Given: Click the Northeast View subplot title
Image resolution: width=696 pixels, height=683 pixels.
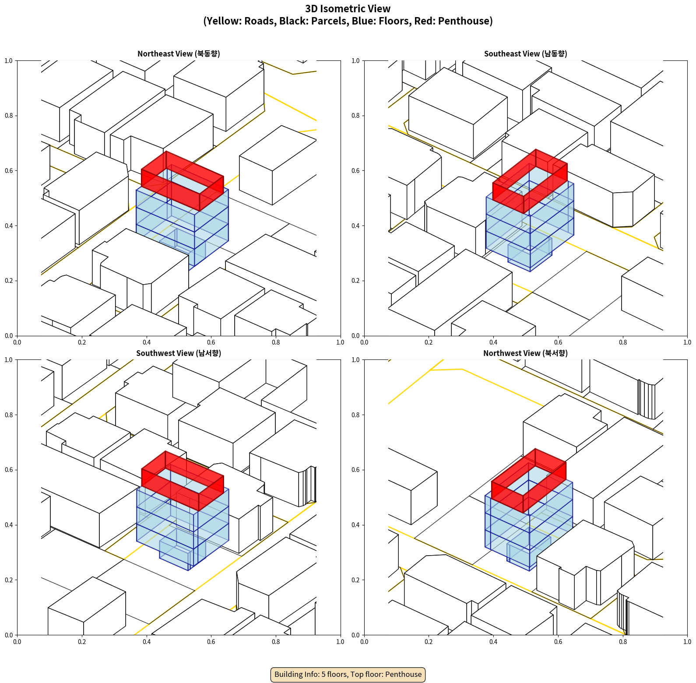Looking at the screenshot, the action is pyautogui.click(x=179, y=53).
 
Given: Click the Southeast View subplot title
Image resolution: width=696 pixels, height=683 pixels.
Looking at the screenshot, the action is pyautogui.click(x=525, y=53).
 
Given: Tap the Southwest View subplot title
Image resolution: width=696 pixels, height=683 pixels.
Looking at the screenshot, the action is pyautogui.click(x=179, y=353).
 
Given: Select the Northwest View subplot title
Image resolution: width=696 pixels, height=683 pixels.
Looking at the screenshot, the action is pyautogui.click(x=525, y=353).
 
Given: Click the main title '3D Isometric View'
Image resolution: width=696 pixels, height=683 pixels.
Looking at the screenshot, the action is pyautogui.click(x=348, y=9).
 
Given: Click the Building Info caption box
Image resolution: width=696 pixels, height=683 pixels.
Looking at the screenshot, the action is pyautogui.click(x=348, y=674).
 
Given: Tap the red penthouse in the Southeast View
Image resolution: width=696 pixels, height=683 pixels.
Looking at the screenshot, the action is pyautogui.click(x=530, y=181).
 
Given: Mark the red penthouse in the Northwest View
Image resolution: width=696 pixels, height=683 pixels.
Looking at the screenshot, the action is pyautogui.click(x=529, y=481).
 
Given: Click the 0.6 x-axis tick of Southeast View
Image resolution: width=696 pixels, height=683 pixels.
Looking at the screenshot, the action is pyautogui.click(x=558, y=342).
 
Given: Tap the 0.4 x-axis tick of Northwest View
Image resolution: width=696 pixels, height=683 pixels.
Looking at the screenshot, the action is pyautogui.click(x=493, y=642).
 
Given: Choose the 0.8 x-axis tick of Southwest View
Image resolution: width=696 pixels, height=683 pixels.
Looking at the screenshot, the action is pyautogui.click(x=276, y=642).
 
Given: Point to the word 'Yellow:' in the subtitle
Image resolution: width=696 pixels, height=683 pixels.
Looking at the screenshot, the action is pyautogui.click(x=224, y=21).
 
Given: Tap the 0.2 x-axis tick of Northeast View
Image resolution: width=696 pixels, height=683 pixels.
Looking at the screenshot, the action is pyautogui.click(x=82, y=342).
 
